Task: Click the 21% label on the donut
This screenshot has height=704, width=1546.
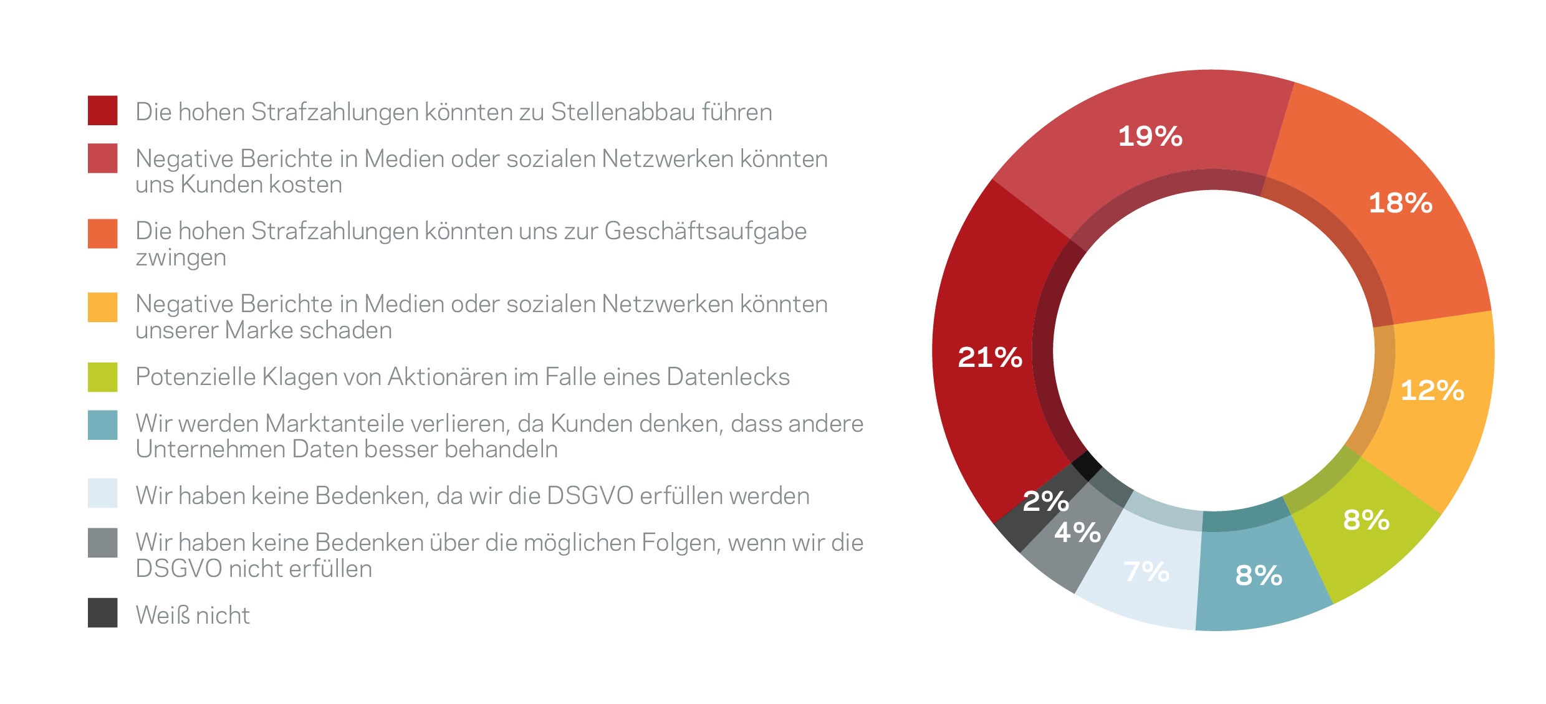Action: pos(990,358)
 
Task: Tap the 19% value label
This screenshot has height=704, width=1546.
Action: pos(1150,136)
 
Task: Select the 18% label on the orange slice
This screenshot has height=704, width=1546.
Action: pos(1401,203)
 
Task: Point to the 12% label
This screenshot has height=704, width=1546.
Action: pos(1433,391)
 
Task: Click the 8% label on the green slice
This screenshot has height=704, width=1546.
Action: pos(1366,520)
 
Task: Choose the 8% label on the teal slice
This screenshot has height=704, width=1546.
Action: pos(1259,575)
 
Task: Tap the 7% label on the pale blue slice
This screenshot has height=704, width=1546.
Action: pos(1146,571)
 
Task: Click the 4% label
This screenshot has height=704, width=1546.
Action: pos(1077,532)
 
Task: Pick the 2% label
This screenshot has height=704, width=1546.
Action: pos(1046,501)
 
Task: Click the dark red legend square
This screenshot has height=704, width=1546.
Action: pos(103,110)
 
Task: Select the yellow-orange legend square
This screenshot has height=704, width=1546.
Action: pos(103,307)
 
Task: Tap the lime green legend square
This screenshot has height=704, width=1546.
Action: pos(103,378)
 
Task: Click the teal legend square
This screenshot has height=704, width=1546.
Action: pos(103,425)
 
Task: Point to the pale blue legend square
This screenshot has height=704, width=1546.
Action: pos(103,493)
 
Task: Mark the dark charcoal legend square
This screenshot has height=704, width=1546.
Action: pos(103,613)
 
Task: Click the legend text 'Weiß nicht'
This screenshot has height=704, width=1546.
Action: pos(193,616)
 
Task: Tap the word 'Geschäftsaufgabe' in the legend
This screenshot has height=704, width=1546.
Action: pos(706,232)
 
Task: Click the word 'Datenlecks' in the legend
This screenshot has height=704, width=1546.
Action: pos(728,377)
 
